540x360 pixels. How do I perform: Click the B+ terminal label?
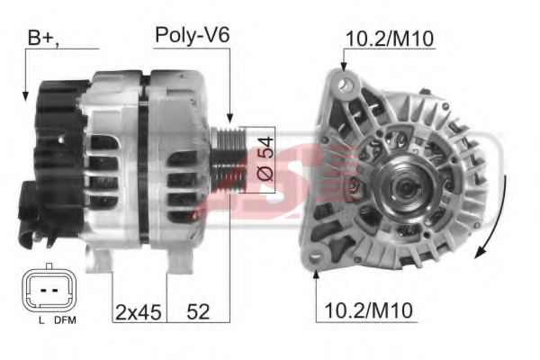pyautogui.click(x=42, y=38)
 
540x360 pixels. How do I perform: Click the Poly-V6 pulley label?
pyautogui.click(x=193, y=35)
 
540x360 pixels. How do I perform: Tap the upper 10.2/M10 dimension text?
pyautogui.click(x=389, y=39)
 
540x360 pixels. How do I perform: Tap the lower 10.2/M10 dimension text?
pyautogui.click(x=368, y=310)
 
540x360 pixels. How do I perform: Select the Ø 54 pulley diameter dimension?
pyautogui.click(x=265, y=158)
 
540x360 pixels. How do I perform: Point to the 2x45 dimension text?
pyautogui.click(x=138, y=312)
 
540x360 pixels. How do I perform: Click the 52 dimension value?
pyautogui.click(x=198, y=312)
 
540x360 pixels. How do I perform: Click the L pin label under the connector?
pyautogui.click(x=41, y=320)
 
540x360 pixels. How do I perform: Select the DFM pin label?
pyautogui.click(x=65, y=320)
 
